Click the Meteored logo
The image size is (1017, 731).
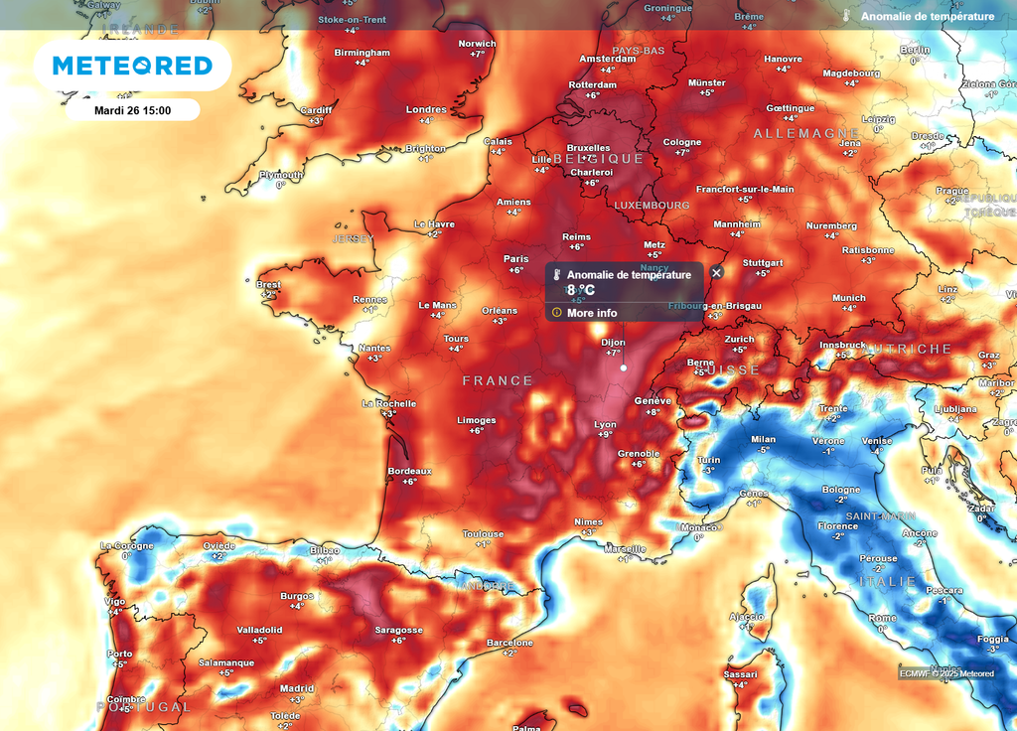132,66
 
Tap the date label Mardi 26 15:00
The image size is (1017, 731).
132,110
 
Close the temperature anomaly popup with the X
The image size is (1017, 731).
717,272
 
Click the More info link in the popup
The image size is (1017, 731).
592,313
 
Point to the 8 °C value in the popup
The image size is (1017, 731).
581,290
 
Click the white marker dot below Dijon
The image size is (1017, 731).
624,367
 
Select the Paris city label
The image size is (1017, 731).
514,258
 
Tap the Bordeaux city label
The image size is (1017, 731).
409,471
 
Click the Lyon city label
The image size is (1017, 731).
605,424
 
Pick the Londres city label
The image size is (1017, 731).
426,109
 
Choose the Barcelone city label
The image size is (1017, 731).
509,643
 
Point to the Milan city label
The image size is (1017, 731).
763,439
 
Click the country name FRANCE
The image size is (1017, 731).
498,380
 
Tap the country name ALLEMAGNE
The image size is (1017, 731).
805,133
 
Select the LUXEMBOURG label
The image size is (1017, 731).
652,205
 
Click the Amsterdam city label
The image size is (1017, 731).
607,59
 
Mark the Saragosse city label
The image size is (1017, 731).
398,630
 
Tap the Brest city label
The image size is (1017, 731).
268,284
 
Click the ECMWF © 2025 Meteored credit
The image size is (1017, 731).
946,673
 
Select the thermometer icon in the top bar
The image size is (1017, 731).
846,16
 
